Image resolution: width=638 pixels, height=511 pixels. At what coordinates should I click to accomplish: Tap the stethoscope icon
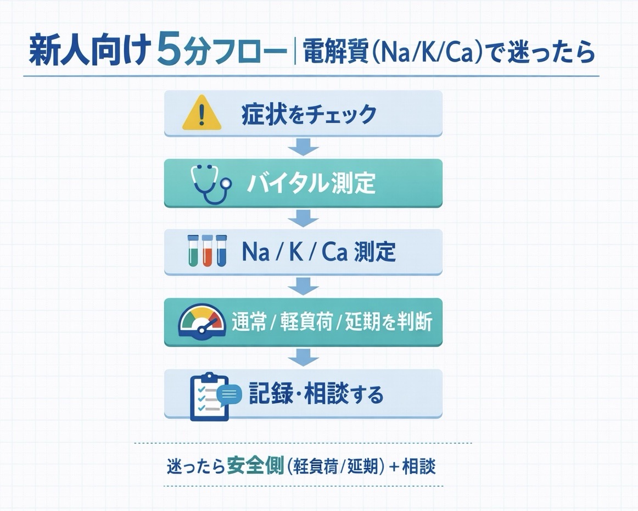210,184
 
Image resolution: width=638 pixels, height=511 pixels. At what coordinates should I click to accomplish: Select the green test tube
193,251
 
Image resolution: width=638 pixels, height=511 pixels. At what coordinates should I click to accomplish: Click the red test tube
207,251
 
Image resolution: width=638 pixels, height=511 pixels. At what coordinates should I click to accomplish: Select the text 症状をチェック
309,114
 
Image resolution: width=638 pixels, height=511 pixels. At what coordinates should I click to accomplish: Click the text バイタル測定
311,183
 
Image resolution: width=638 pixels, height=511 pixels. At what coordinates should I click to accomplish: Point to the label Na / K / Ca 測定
318,252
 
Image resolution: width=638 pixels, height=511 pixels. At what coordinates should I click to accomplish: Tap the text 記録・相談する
316,393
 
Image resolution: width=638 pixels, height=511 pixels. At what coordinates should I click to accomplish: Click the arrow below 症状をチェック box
303,147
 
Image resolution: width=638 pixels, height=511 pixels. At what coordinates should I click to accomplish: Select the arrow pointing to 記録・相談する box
303,357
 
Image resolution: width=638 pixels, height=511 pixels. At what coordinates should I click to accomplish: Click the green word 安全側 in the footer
255,466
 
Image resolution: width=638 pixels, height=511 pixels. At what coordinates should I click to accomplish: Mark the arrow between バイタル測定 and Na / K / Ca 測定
303,217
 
